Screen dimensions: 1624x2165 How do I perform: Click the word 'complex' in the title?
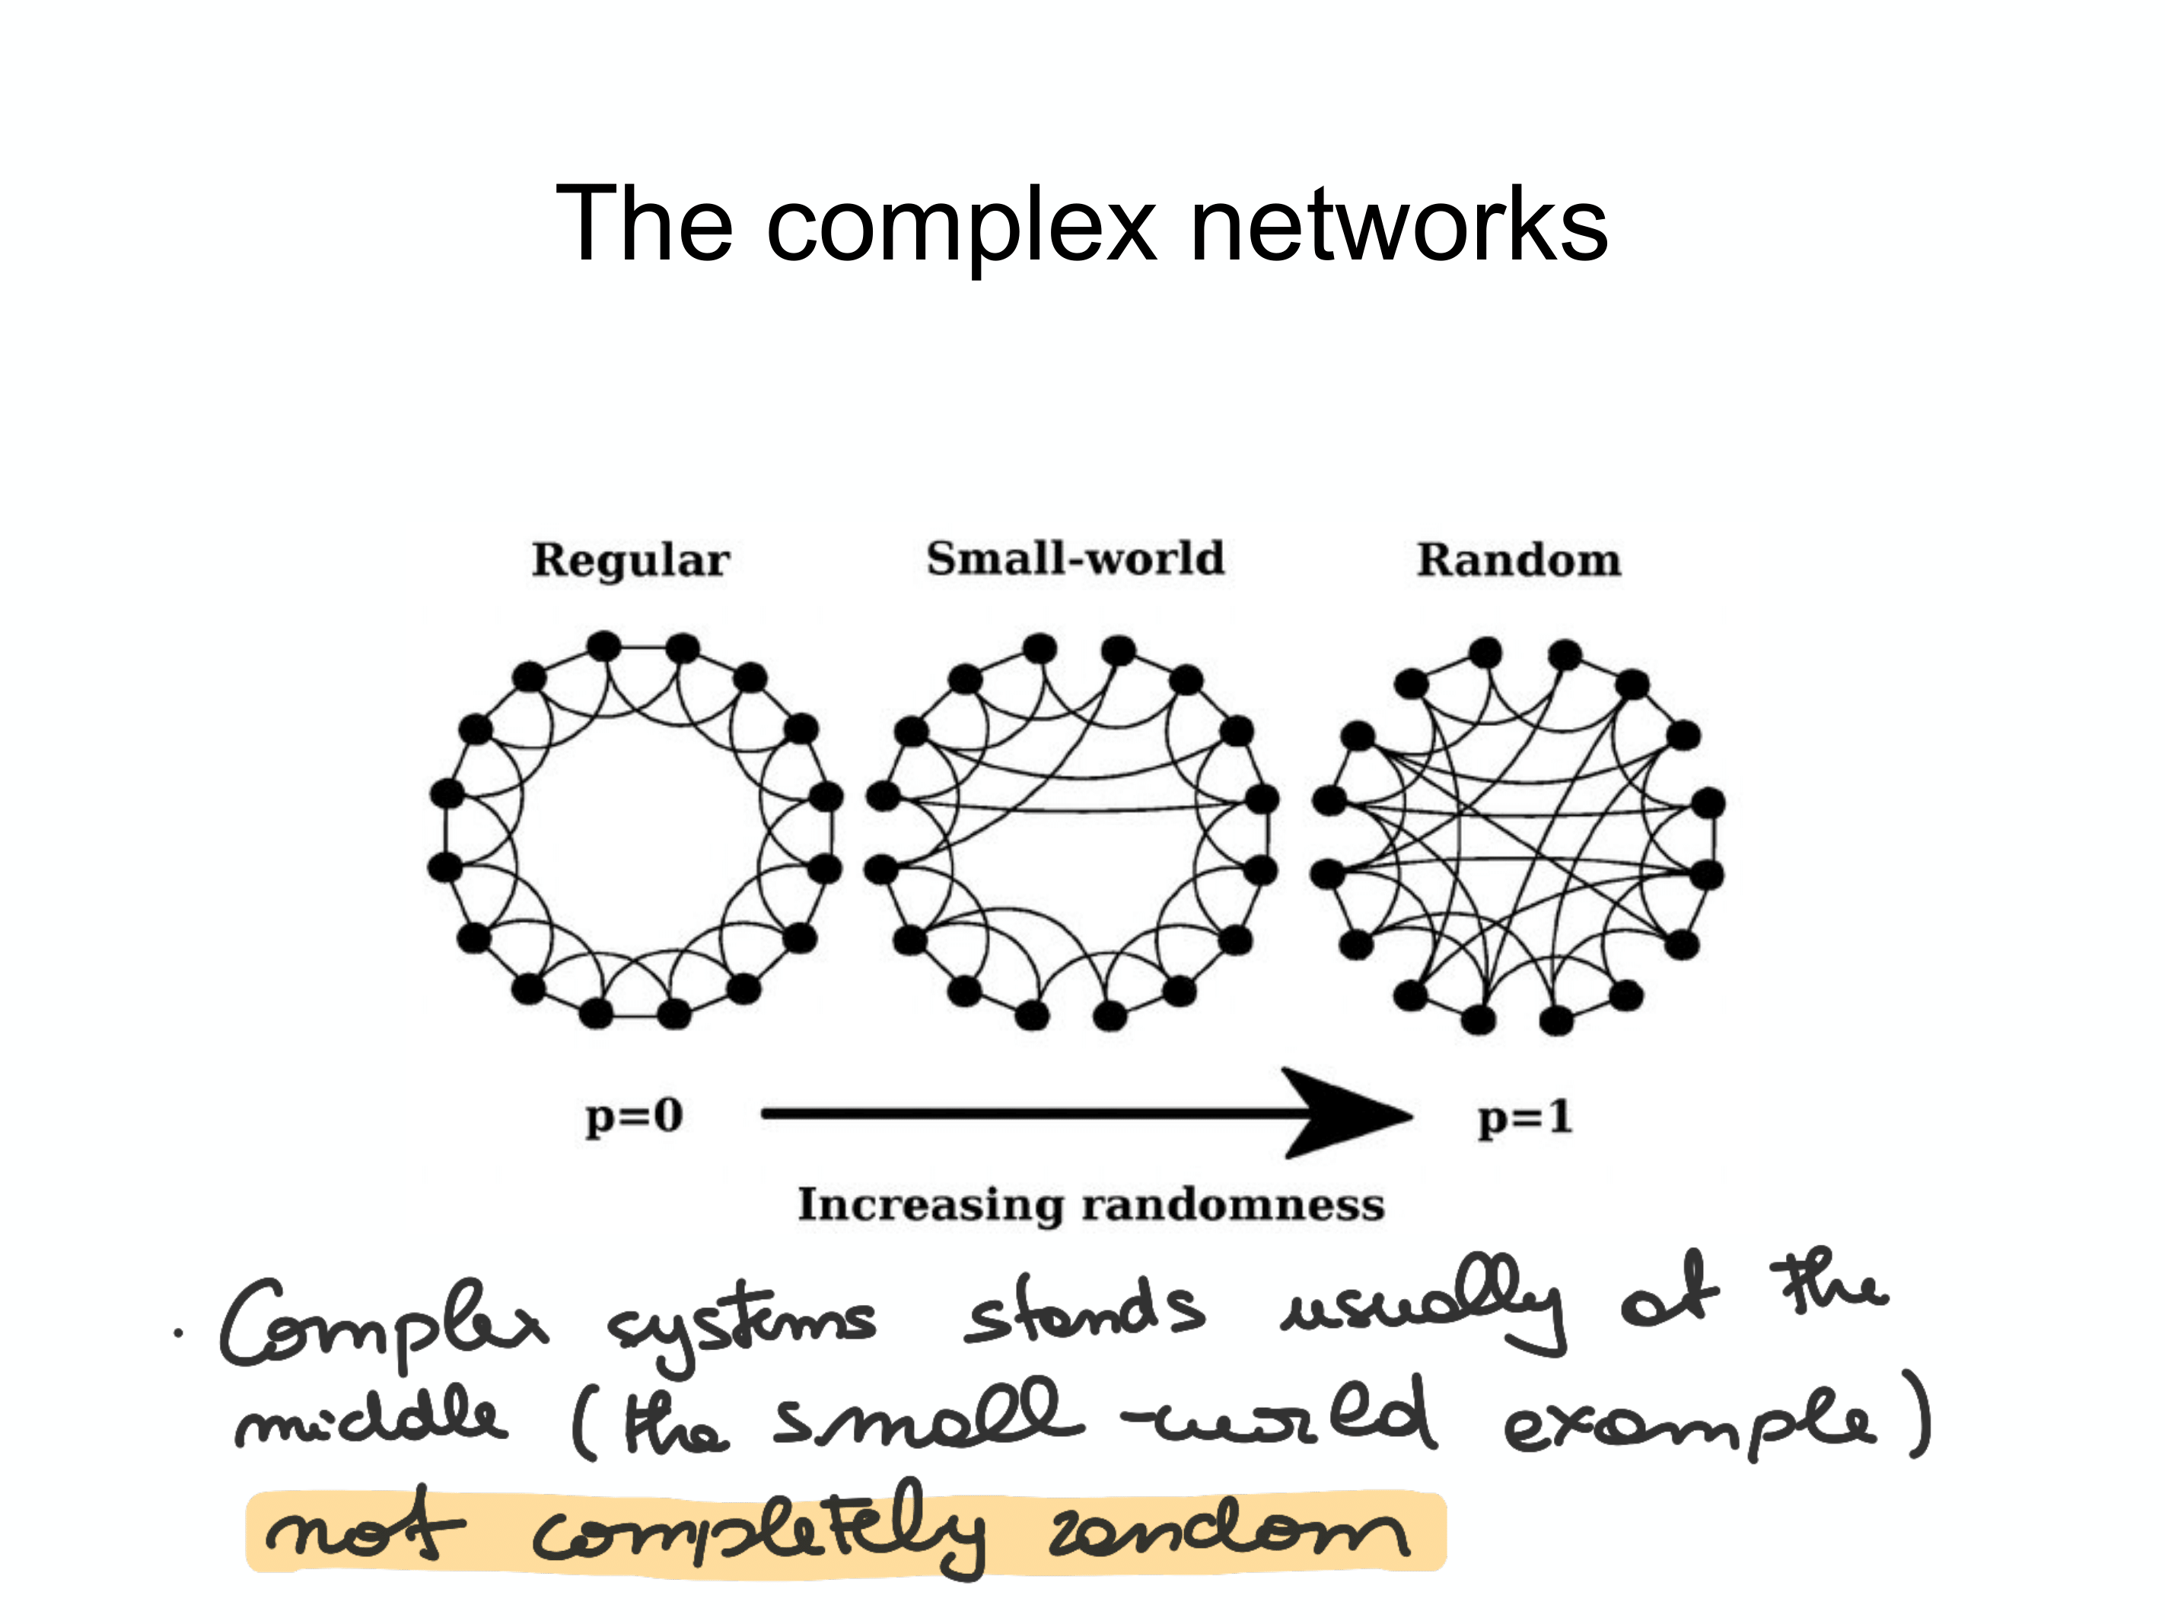pyautogui.click(x=961, y=227)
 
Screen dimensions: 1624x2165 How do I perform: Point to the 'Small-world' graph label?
pyautogui.click(x=1075, y=559)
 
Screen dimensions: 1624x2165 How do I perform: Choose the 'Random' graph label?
pyautogui.click(x=1519, y=561)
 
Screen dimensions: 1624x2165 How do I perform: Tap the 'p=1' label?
pyautogui.click(x=1525, y=1117)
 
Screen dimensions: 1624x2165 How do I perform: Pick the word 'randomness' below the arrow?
pyautogui.click(x=1234, y=1205)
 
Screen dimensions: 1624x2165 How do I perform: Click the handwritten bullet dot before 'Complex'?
pyautogui.click(x=178, y=1333)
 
